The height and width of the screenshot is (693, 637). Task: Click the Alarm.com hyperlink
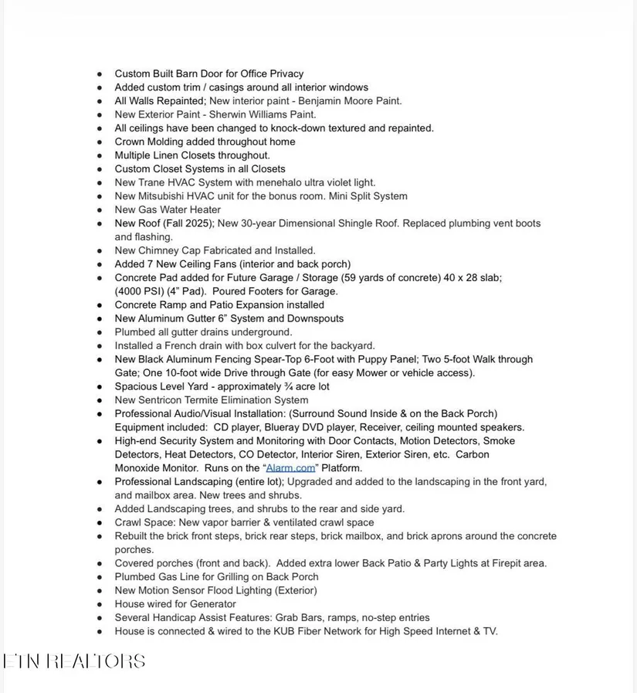[x=290, y=468]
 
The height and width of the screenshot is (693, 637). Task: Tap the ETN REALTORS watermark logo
[x=74, y=661]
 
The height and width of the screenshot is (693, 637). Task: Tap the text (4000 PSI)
[x=139, y=291]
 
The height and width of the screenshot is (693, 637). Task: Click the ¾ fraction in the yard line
[x=289, y=386]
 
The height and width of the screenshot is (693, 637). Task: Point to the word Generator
[x=210, y=604]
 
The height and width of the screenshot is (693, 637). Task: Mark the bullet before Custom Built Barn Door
[x=100, y=74]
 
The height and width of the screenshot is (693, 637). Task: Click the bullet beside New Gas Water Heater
[x=100, y=210]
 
